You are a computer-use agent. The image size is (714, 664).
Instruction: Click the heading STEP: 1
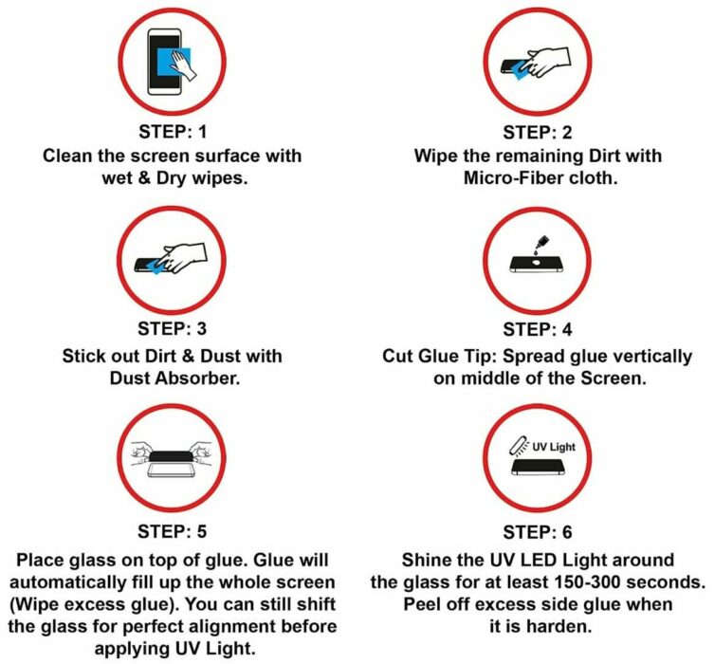[x=173, y=132]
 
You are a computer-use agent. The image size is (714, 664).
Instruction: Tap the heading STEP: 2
[x=538, y=132]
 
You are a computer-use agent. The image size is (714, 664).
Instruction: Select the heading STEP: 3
[x=173, y=328]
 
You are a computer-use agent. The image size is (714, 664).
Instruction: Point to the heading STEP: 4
[x=538, y=329]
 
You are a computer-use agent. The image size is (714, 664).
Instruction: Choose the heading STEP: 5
[x=173, y=531]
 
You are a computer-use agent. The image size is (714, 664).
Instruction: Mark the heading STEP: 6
[x=538, y=532]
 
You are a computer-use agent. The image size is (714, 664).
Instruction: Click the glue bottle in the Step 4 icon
[x=541, y=242]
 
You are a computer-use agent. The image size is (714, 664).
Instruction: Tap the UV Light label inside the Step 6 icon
[x=554, y=447]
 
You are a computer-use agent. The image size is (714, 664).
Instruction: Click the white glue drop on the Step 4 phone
[x=537, y=263]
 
